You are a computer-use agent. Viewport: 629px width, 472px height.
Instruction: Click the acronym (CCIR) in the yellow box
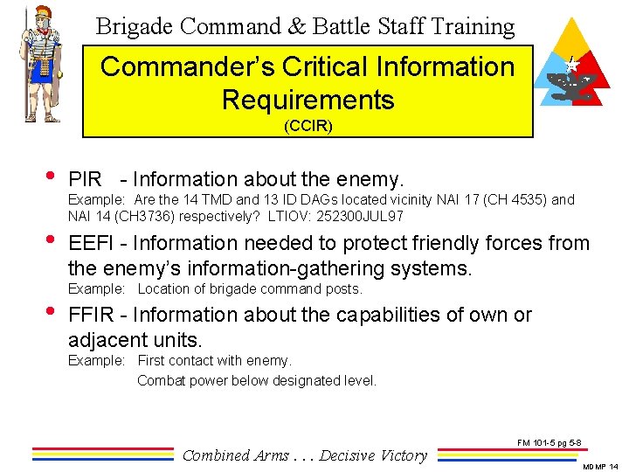click(x=308, y=126)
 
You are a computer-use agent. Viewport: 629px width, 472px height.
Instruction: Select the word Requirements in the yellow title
click(x=308, y=100)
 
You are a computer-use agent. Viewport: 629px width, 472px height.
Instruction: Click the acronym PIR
click(x=85, y=180)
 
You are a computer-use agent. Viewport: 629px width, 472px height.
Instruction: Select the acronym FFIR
click(x=91, y=315)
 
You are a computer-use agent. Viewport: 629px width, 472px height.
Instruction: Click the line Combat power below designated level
click(x=257, y=380)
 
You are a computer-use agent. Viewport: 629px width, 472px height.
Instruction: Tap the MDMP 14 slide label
click(x=601, y=467)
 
